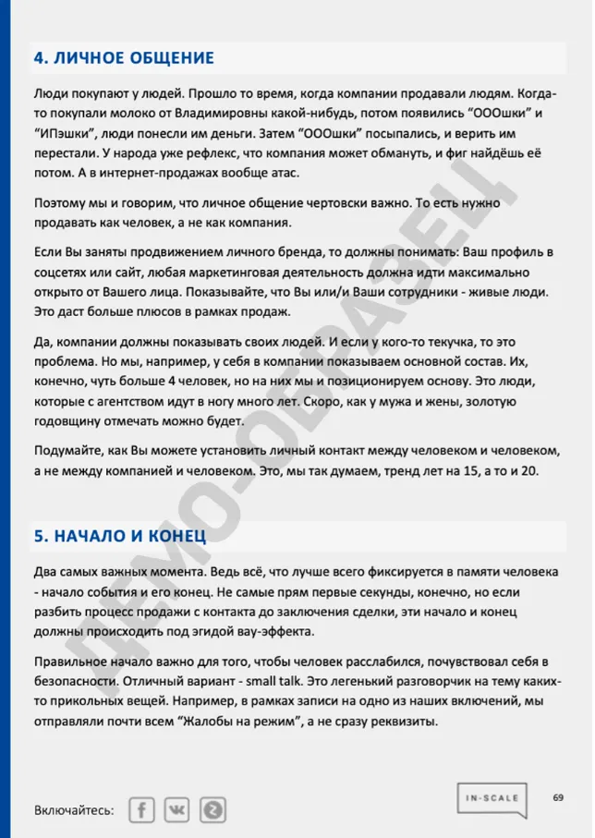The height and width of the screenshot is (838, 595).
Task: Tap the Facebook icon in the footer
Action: (142, 809)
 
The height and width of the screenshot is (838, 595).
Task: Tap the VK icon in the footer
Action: (176, 809)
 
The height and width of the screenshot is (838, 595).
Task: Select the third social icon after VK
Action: (212, 809)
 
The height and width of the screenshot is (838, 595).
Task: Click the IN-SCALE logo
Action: (492, 800)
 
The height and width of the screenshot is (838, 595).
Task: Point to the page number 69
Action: (559, 796)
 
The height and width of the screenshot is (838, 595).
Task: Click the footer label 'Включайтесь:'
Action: (74, 810)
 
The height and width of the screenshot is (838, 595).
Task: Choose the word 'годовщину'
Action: (69, 420)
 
